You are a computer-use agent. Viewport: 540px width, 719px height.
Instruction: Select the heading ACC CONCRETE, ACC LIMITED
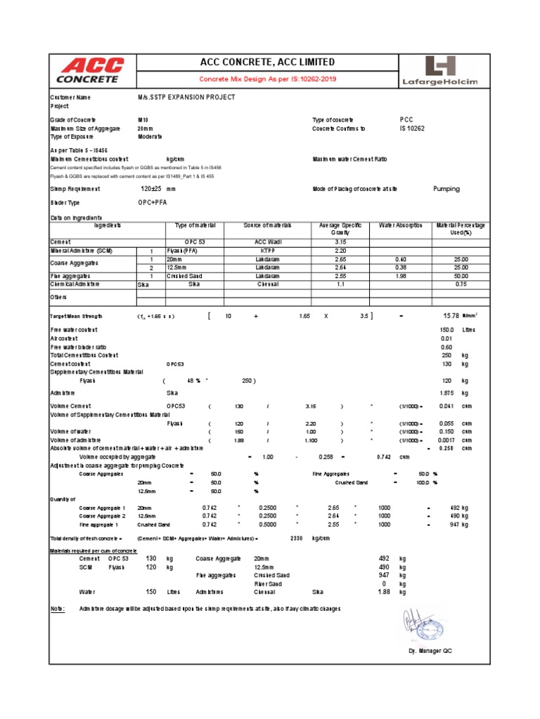coord(267,62)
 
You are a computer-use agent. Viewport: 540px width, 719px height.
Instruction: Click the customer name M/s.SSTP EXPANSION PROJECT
coord(186,97)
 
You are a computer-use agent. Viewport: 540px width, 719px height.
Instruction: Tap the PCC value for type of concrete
coord(406,120)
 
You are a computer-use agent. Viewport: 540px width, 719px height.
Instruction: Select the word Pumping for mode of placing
coord(446,189)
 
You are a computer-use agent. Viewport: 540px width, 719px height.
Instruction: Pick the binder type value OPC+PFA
coord(153,202)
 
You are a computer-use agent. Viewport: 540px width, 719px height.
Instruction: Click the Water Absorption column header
coord(401,225)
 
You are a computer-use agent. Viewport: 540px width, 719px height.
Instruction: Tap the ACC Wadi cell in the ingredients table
coord(267,241)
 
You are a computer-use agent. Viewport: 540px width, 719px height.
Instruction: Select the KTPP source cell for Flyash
coord(267,250)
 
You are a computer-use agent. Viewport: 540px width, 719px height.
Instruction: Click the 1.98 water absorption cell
coord(401,276)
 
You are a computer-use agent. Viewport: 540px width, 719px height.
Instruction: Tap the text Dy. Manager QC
coord(430,651)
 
